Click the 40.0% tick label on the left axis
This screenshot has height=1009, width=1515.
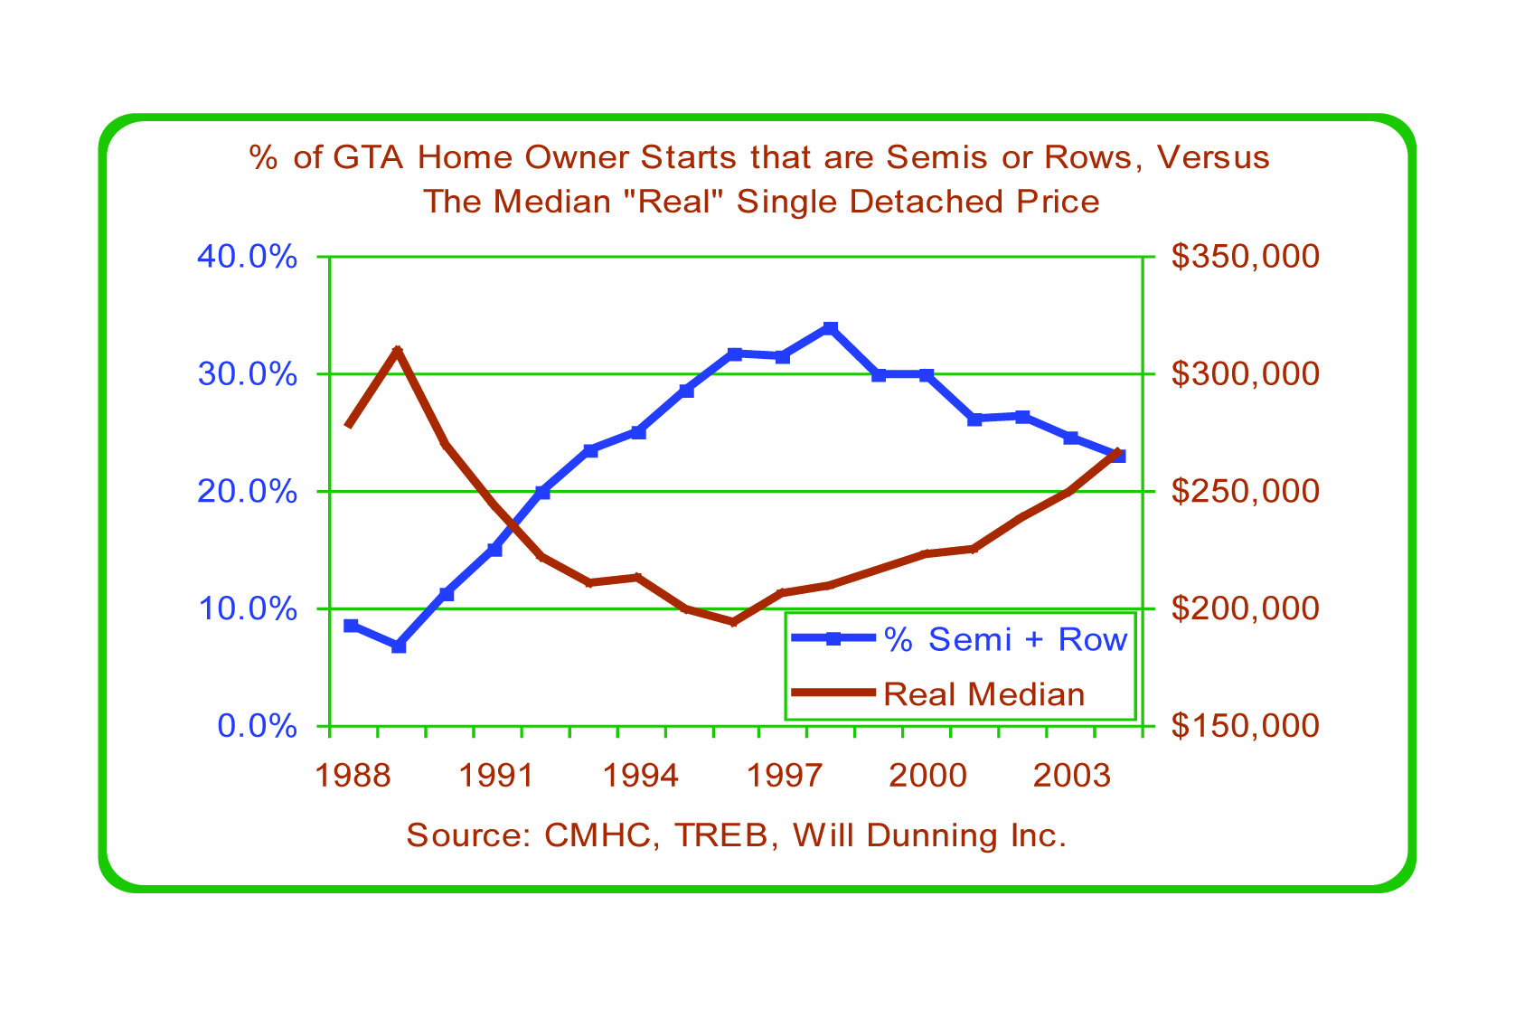point(247,257)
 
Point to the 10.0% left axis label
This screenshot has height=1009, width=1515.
point(247,608)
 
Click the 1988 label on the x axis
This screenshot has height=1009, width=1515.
point(351,776)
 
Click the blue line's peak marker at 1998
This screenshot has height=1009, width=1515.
point(831,328)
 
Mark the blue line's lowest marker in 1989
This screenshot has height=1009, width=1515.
point(399,646)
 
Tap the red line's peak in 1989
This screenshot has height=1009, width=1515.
point(398,350)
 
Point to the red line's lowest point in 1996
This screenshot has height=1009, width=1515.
point(734,622)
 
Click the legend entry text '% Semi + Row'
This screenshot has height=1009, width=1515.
point(1005,640)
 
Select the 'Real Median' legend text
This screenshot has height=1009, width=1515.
point(983,694)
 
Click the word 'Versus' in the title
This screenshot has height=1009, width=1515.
point(1213,157)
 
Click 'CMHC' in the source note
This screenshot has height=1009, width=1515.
point(596,835)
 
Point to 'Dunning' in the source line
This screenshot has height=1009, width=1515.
point(932,835)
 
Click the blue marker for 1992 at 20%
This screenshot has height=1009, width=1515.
point(542,493)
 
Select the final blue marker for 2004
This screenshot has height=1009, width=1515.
point(1118,456)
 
